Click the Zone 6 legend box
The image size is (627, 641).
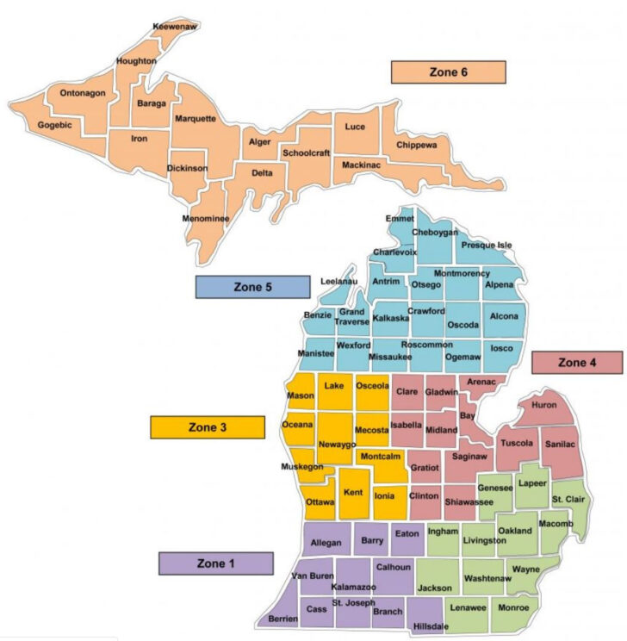point(448,72)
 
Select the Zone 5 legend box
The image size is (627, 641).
point(252,287)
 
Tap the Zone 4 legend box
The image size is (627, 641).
point(576,363)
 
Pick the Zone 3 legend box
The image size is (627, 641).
point(207,427)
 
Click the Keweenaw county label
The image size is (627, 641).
point(171,27)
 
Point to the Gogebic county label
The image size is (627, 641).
point(54,125)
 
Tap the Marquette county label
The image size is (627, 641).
point(195,119)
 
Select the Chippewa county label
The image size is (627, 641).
point(417,146)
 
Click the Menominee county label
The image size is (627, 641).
point(206,219)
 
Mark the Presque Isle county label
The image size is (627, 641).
point(487,245)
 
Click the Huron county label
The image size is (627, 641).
point(544,404)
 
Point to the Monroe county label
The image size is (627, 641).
point(513,607)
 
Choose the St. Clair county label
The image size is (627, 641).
point(568,499)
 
